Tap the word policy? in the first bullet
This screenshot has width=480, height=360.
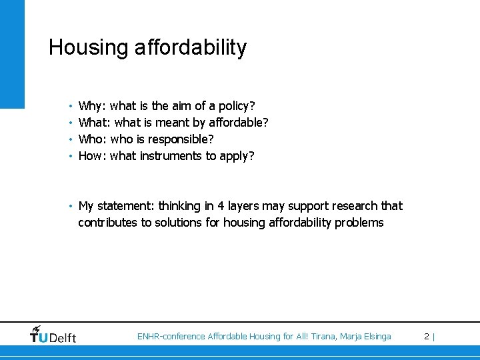pyautogui.click(x=237, y=106)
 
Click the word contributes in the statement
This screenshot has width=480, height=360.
pyautogui.click(x=107, y=223)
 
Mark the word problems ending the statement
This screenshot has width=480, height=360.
pyautogui.click(x=361, y=223)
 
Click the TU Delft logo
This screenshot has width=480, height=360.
pyautogui.click(x=53, y=335)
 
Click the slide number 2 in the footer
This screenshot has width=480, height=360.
pyautogui.click(x=427, y=337)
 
